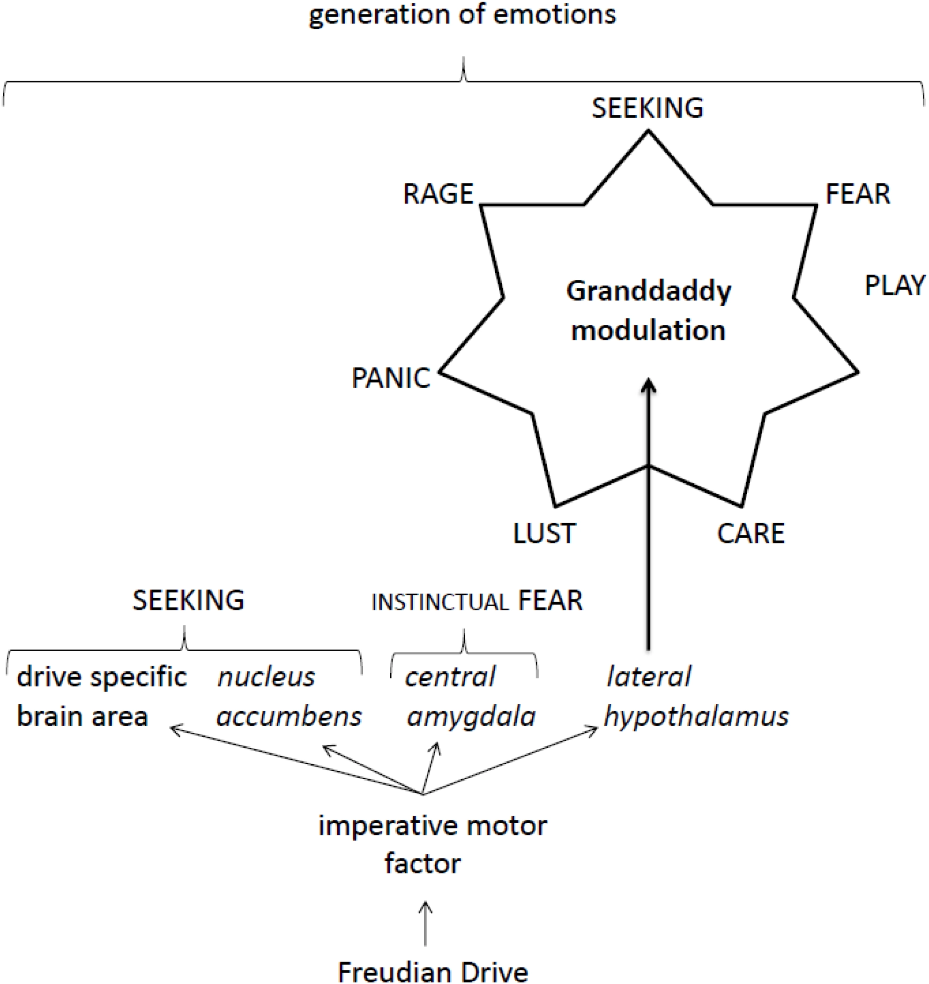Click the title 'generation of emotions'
pyautogui.click(x=462, y=15)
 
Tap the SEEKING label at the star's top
pyautogui.click(x=647, y=108)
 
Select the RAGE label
pyautogui.click(x=438, y=194)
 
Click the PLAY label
pyautogui.click(x=894, y=286)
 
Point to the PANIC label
pyautogui.click(x=391, y=378)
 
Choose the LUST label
pyautogui.click(x=544, y=533)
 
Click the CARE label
pyautogui.click(x=751, y=533)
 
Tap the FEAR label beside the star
pyautogui.click(x=858, y=194)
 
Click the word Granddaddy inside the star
pyautogui.click(x=648, y=291)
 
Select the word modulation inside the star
pyautogui.click(x=648, y=331)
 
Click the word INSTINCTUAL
pyautogui.click(x=440, y=602)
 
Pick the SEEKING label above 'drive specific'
pyautogui.click(x=188, y=600)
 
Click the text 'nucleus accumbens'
pyautogui.click(x=289, y=697)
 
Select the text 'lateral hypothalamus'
pyautogui.click(x=696, y=697)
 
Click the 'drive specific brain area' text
pyautogui.click(x=102, y=697)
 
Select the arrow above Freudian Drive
pyautogui.click(x=425, y=923)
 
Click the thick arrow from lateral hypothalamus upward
pyautogui.click(x=648, y=520)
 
